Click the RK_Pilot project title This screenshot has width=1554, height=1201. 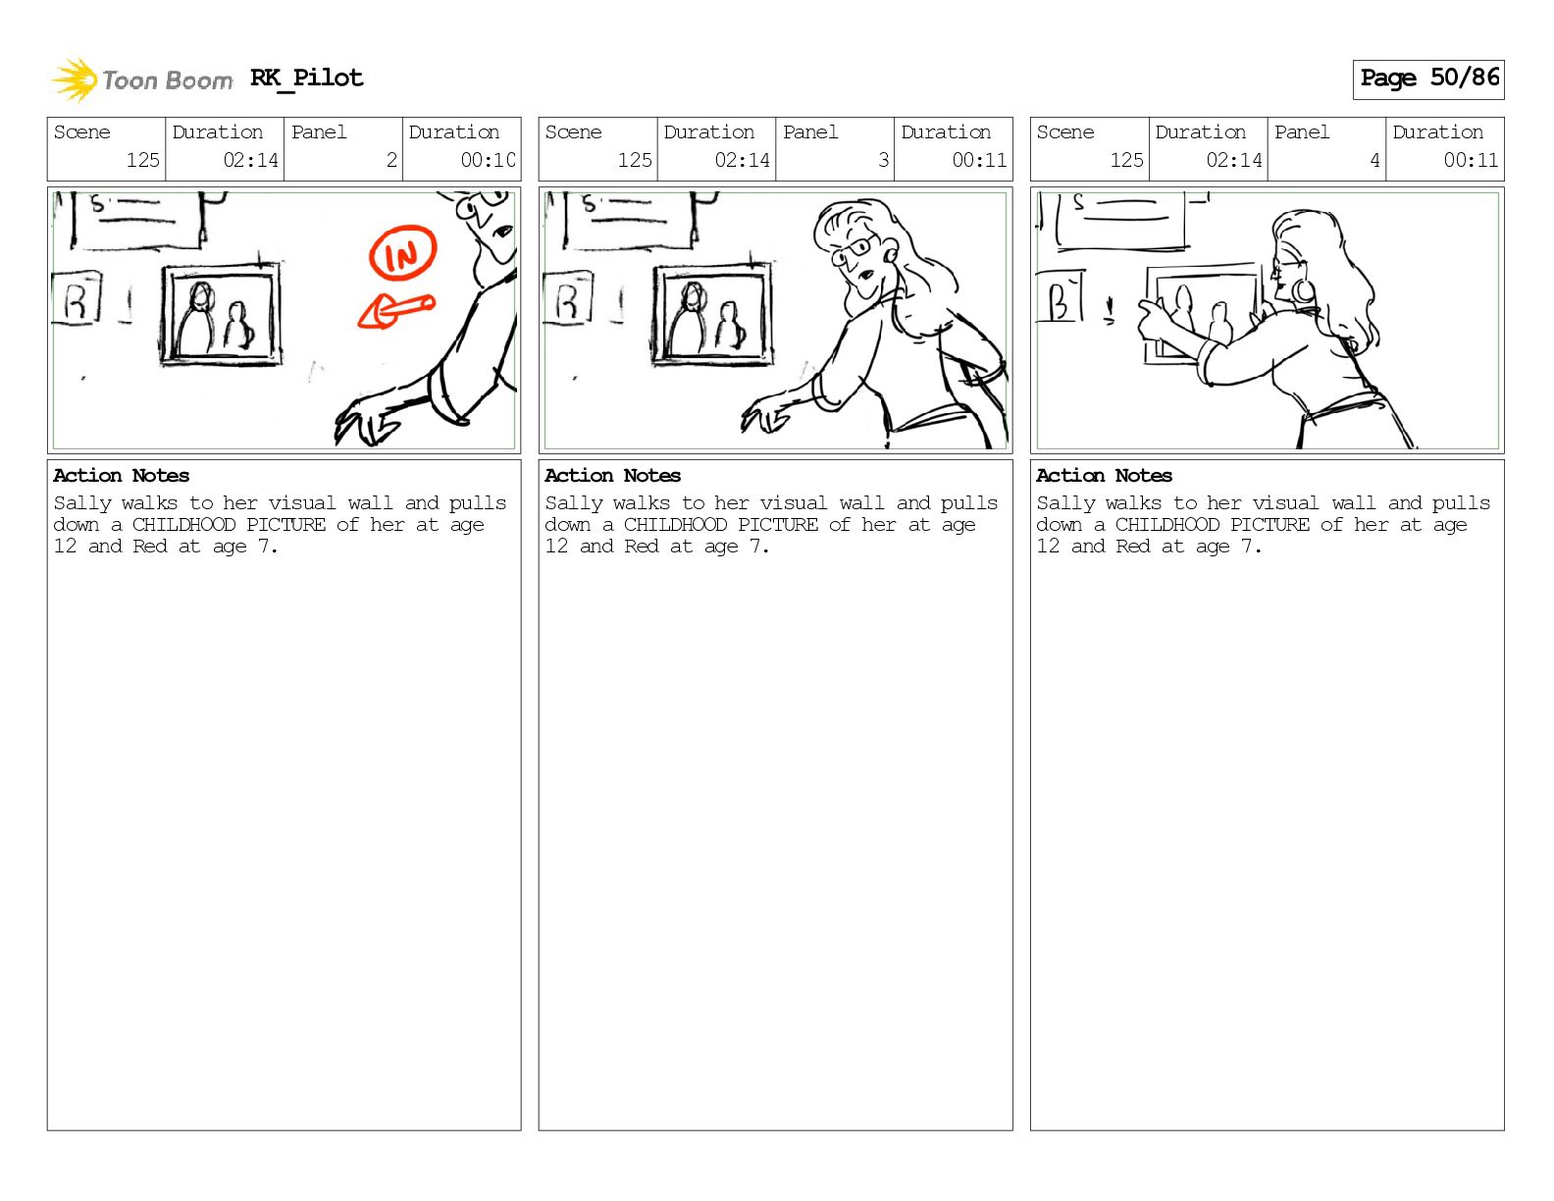[307, 78]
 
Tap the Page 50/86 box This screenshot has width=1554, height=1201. [1428, 79]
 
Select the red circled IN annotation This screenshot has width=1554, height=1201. [402, 252]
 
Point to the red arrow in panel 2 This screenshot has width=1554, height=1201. [395, 311]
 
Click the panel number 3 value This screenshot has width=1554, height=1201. [883, 160]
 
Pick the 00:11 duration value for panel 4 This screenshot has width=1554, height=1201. [1471, 160]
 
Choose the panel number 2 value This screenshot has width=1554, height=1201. [391, 160]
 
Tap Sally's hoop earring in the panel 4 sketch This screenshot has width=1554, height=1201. [1302, 290]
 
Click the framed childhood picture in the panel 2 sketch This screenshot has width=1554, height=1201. [221, 315]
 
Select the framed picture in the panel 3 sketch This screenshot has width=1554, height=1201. [712, 315]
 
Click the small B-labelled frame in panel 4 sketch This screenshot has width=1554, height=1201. [1060, 296]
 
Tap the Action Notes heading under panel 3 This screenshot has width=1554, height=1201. [612, 476]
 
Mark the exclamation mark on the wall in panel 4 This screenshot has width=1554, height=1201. [1110, 312]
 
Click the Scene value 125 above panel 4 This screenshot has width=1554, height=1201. [1126, 160]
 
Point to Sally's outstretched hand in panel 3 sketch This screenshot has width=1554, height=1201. [766, 415]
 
